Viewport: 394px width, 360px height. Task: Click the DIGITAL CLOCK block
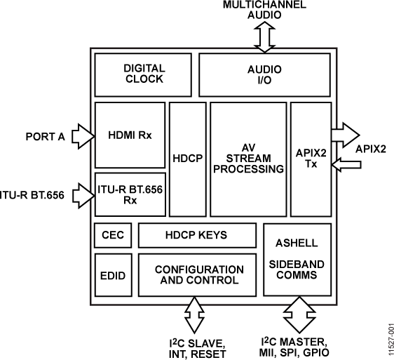point(144,74)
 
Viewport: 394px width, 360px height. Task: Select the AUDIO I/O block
point(264,74)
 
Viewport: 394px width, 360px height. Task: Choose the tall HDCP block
point(187,159)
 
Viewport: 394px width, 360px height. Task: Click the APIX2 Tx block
point(310,159)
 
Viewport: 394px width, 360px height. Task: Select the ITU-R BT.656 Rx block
point(130,194)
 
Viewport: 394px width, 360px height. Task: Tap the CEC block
point(112,235)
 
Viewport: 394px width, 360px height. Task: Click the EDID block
point(112,275)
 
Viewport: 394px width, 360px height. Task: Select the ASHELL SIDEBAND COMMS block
point(297,259)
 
